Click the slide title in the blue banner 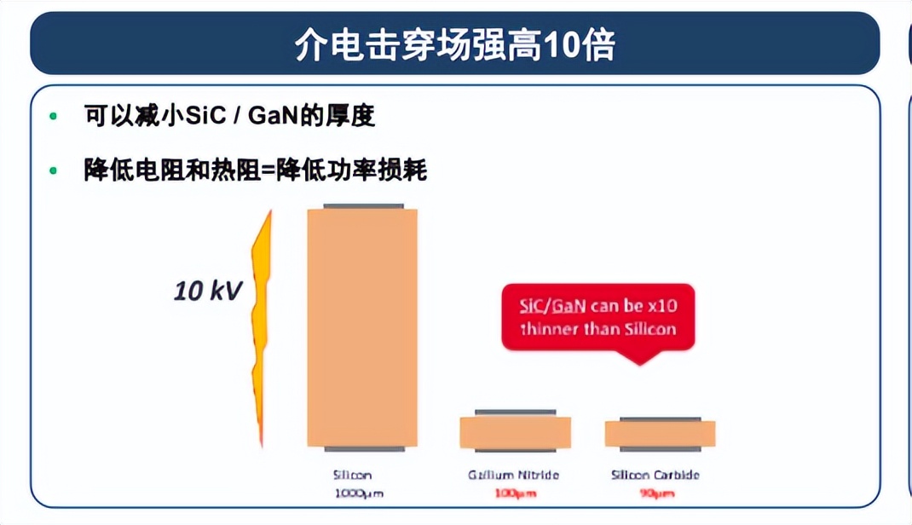pyautogui.click(x=454, y=44)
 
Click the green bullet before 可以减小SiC pyautogui.click(x=55, y=116)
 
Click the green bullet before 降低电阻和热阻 pyautogui.click(x=55, y=170)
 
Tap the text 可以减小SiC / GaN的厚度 pyautogui.click(x=229, y=115)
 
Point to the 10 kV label pyautogui.click(x=208, y=291)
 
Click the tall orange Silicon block pyautogui.click(x=362, y=327)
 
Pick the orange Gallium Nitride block pyautogui.click(x=515, y=432)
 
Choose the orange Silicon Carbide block pyautogui.click(x=660, y=434)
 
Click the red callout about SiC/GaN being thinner pyautogui.click(x=597, y=318)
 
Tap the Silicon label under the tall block pyautogui.click(x=352, y=476)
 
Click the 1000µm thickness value pyautogui.click(x=358, y=493)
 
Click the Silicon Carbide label pyautogui.click(x=661, y=476)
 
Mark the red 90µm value pyautogui.click(x=656, y=493)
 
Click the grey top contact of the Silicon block pyautogui.click(x=362, y=207)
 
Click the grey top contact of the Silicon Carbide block pyautogui.click(x=661, y=419)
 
